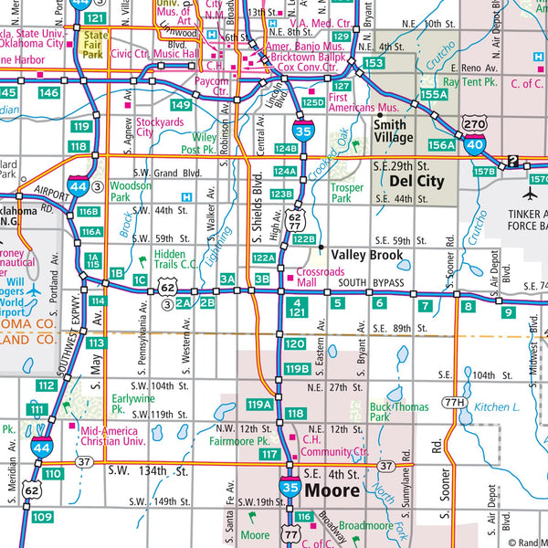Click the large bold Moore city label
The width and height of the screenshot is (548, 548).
pyautogui.click(x=334, y=490)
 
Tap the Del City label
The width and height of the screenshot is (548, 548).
pyautogui.click(x=416, y=181)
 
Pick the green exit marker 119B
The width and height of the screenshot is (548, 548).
pyautogui.click(x=297, y=369)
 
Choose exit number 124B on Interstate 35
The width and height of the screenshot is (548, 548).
pyautogui.click(x=285, y=148)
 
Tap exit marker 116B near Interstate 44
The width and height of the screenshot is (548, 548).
pyautogui.click(x=89, y=212)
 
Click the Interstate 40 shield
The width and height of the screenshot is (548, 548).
pyautogui.click(x=475, y=142)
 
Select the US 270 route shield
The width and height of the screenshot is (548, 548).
pyautogui.click(x=473, y=121)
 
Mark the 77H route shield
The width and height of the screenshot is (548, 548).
pyautogui.click(x=454, y=403)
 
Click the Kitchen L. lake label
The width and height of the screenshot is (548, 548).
pyautogui.click(x=497, y=407)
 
